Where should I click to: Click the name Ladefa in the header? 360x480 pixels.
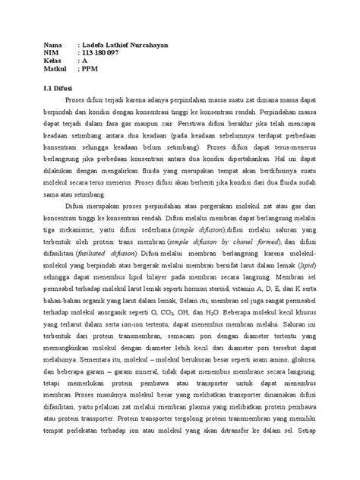point(93,46)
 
